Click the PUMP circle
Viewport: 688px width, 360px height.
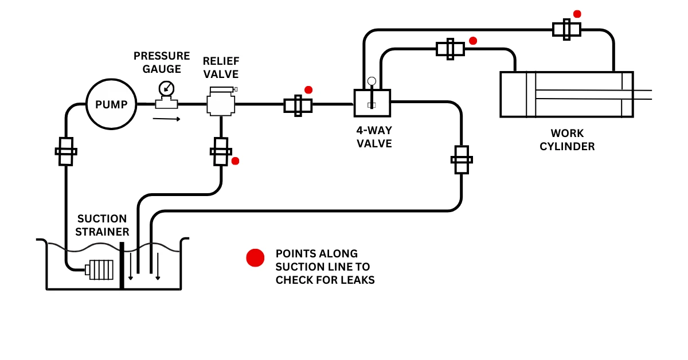tap(111, 104)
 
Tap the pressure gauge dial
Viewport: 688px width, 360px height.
tap(166, 88)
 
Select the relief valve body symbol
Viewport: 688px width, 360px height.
tap(221, 104)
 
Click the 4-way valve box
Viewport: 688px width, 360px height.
tap(372, 103)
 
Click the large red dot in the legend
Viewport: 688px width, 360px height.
tap(255, 258)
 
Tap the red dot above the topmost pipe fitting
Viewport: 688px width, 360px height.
tap(577, 14)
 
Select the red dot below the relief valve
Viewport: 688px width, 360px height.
tap(234, 161)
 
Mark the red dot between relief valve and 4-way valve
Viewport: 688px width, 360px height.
tap(308, 90)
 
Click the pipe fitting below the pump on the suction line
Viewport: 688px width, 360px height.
tap(66, 151)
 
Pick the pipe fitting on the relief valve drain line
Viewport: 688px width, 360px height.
tap(221, 151)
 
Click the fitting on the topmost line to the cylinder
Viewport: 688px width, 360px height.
tap(566, 29)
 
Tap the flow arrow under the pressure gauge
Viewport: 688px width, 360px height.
tap(166, 119)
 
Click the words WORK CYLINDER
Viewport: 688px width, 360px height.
tap(567, 140)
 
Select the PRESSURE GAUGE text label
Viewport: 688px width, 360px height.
tap(162, 62)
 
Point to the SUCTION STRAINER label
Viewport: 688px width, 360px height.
tap(102, 225)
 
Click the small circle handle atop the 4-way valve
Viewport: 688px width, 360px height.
tap(372, 81)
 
